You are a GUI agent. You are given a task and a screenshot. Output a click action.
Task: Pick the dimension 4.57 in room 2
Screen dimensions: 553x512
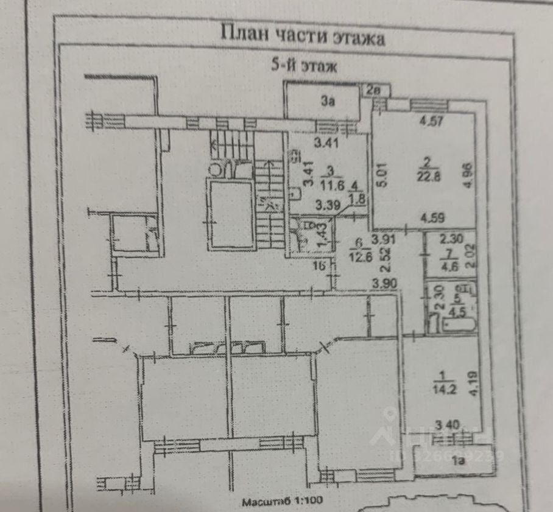click(431, 121)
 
